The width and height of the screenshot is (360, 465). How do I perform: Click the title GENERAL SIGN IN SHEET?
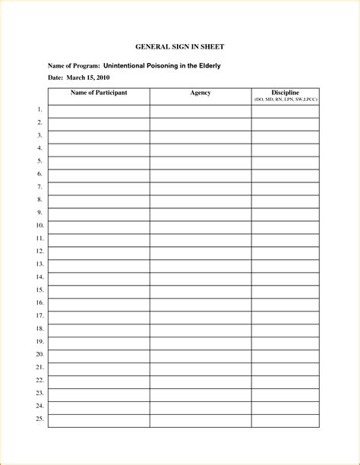click(179, 47)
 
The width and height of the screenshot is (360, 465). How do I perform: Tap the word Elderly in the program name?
click(208, 66)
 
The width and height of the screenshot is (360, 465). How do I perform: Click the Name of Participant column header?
click(99, 93)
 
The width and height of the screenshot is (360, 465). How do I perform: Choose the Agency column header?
click(201, 93)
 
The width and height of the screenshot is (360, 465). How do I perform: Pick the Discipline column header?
click(286, 92)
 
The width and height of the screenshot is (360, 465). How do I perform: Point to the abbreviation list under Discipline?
click(286, 100)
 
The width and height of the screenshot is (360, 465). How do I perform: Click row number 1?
click(39, 110)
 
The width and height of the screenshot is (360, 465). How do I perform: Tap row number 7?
click(39, 187)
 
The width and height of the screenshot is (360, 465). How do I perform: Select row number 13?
click(39, 264)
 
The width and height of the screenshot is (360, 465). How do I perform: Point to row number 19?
click(39, 341)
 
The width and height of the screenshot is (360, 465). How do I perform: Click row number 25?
click(39, 419)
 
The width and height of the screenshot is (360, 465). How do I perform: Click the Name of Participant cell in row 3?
click(99, 136)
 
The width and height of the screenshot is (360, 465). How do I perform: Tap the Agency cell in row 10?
click(201, 226)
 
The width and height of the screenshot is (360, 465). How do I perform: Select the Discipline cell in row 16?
click(286, 303)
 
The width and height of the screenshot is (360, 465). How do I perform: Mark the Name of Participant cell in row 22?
click(99, 381)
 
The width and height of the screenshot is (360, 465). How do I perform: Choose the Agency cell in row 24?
click(201, 406)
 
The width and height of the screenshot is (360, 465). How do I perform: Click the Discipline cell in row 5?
click(286, 162)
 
